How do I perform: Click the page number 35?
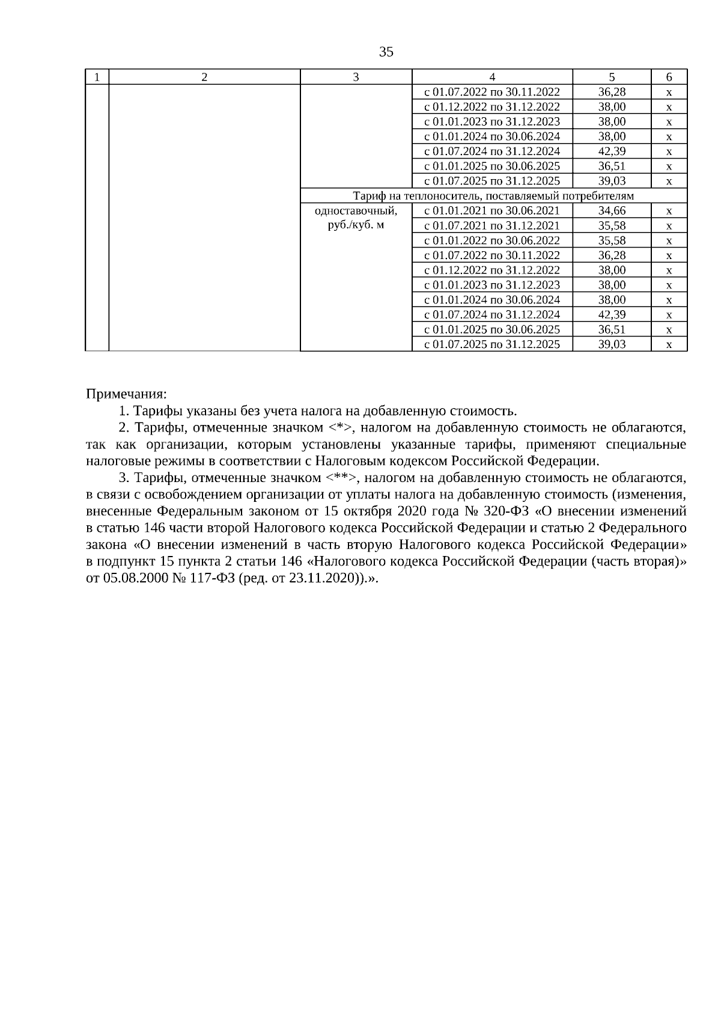click(386, 52)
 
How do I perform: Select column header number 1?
click(97, 77)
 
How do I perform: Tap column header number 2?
click(204, 77)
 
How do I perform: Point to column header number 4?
click(492, 77)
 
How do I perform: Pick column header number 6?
click(669, 77)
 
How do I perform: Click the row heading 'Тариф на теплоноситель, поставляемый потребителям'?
click(493, 196)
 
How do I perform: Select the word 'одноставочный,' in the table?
click(356, 211)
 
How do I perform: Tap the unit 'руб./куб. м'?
click(356, 225)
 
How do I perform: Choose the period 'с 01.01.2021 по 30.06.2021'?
click(492, 211)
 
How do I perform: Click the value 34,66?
click(612, 211)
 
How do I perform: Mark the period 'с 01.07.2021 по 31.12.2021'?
click(492, 225)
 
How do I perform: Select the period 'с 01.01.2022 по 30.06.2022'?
click(492, 240)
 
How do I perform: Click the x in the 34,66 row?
click(669, 211)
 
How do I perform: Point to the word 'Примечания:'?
click(126, 394)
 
